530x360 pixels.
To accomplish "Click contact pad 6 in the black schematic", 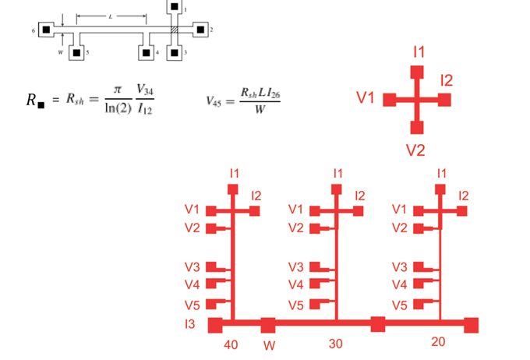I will (x=47, y=30).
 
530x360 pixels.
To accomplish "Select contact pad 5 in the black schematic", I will (x=77, y=53).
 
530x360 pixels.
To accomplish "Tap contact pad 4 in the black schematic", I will (x=146, y=53).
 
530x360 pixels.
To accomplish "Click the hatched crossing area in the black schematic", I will (x=175, y=30).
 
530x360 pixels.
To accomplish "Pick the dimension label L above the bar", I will (x=111, y=15).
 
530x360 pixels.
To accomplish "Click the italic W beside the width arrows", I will (x=60, y=53).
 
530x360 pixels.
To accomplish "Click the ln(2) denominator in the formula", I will (x=117, y=107).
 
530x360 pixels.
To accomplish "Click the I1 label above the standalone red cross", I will (x=419, y=52).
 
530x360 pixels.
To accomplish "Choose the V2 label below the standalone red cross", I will (x=415, y=150).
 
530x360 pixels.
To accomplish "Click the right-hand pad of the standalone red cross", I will (x=444, y=100).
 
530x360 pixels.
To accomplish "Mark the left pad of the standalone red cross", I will (x=391, y=100).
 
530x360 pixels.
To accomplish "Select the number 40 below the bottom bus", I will (x=231, y=344).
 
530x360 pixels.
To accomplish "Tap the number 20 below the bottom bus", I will (x=438, y=342).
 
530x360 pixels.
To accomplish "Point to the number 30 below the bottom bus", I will (x=335, y=344).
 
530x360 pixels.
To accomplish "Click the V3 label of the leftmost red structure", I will (x=193, y=266).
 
